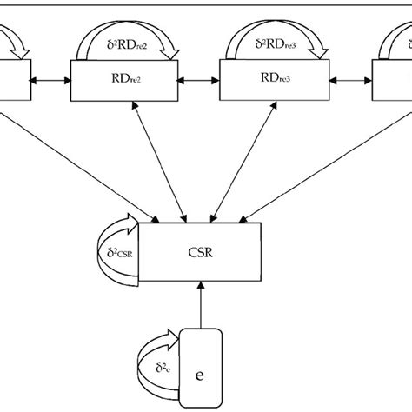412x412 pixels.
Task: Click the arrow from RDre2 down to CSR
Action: tap(157, 161)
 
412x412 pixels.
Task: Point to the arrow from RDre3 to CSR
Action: tap(232, 161)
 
